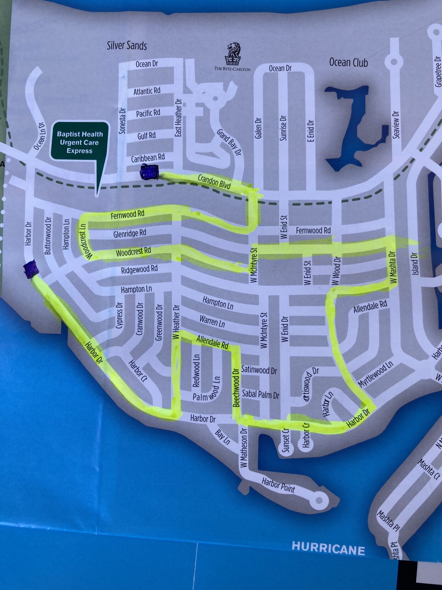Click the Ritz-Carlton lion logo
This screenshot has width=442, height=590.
(233, 53)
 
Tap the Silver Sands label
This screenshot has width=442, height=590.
(127, 45)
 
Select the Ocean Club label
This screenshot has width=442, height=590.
(348, 62)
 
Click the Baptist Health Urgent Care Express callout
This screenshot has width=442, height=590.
(79, 142)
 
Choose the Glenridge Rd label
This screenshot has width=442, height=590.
(130, 233)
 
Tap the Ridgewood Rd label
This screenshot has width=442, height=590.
(139, 269)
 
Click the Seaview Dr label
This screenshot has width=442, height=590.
(396, 125)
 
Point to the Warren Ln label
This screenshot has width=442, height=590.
(212, 321)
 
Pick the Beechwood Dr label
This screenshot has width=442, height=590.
(236, 387)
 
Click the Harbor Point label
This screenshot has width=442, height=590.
(278, 485)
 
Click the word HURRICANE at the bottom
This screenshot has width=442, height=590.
(328, 548)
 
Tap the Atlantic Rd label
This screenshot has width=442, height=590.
(147, 91)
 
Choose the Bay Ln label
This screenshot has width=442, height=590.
(223, 437)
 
